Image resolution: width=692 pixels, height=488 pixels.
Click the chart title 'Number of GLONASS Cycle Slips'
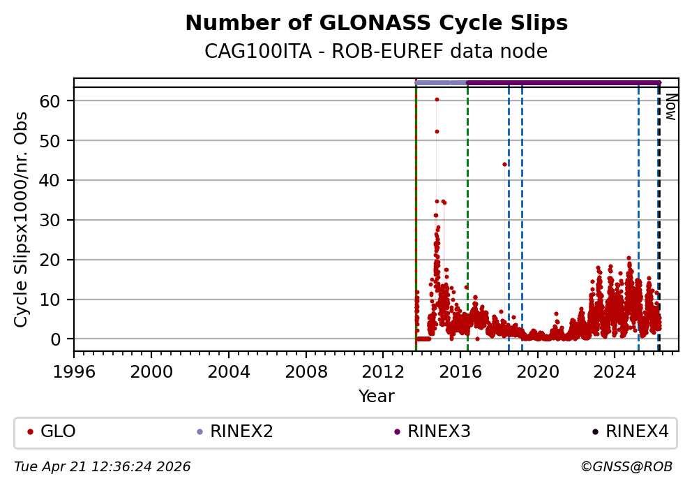tap(376, 23)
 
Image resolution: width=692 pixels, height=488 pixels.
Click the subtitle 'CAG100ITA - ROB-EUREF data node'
tap(376, 52)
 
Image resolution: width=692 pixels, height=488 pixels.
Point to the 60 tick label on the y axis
tap(59, 101)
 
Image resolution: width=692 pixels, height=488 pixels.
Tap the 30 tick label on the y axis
tap(59, 220)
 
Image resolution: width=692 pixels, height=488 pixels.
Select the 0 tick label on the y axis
tap(63, 339)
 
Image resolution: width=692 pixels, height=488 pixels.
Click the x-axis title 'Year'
tap(376, 397)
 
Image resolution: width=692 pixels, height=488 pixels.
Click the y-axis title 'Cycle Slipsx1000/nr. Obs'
tap(22, 219)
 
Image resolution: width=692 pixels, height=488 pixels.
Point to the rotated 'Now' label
tap(670, 106)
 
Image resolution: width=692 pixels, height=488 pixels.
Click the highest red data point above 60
tap(437, 99)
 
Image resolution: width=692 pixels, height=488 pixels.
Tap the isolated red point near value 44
tap(504, 164)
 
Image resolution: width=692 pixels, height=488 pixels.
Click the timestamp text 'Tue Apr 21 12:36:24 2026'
tap(103, 466)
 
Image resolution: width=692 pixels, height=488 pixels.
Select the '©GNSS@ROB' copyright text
tap(626, 466)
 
